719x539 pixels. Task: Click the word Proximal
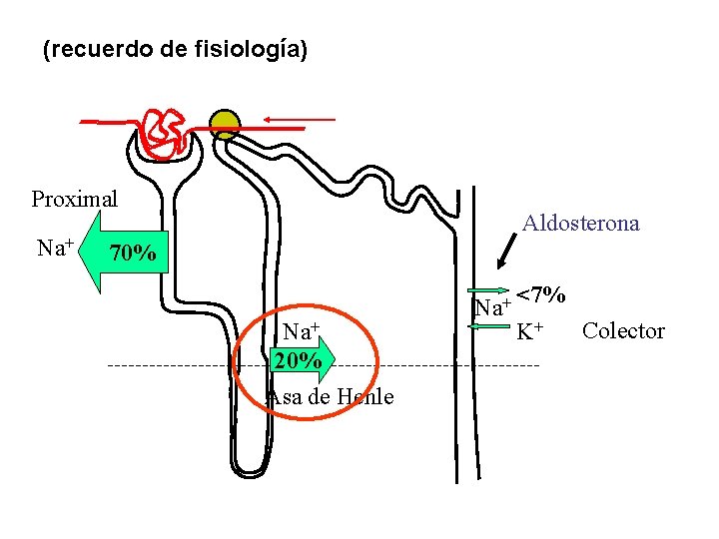click(x=74, y=199)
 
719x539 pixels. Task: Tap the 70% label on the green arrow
click(x=132, y=255)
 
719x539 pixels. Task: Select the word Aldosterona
click(x=580, y=224)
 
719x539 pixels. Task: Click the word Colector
click(x=623, y=331)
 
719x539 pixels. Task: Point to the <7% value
click(x=543, y=295)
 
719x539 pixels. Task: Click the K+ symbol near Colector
click(x=529, y=331)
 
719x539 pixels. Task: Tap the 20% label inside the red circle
click(x=297, y=360)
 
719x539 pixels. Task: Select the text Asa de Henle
click(x=331, y=397)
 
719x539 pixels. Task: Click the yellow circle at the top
click(x=225, y=124)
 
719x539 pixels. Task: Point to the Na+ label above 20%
click(x=300, y=330)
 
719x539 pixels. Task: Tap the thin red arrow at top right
click(x=301, y=120)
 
